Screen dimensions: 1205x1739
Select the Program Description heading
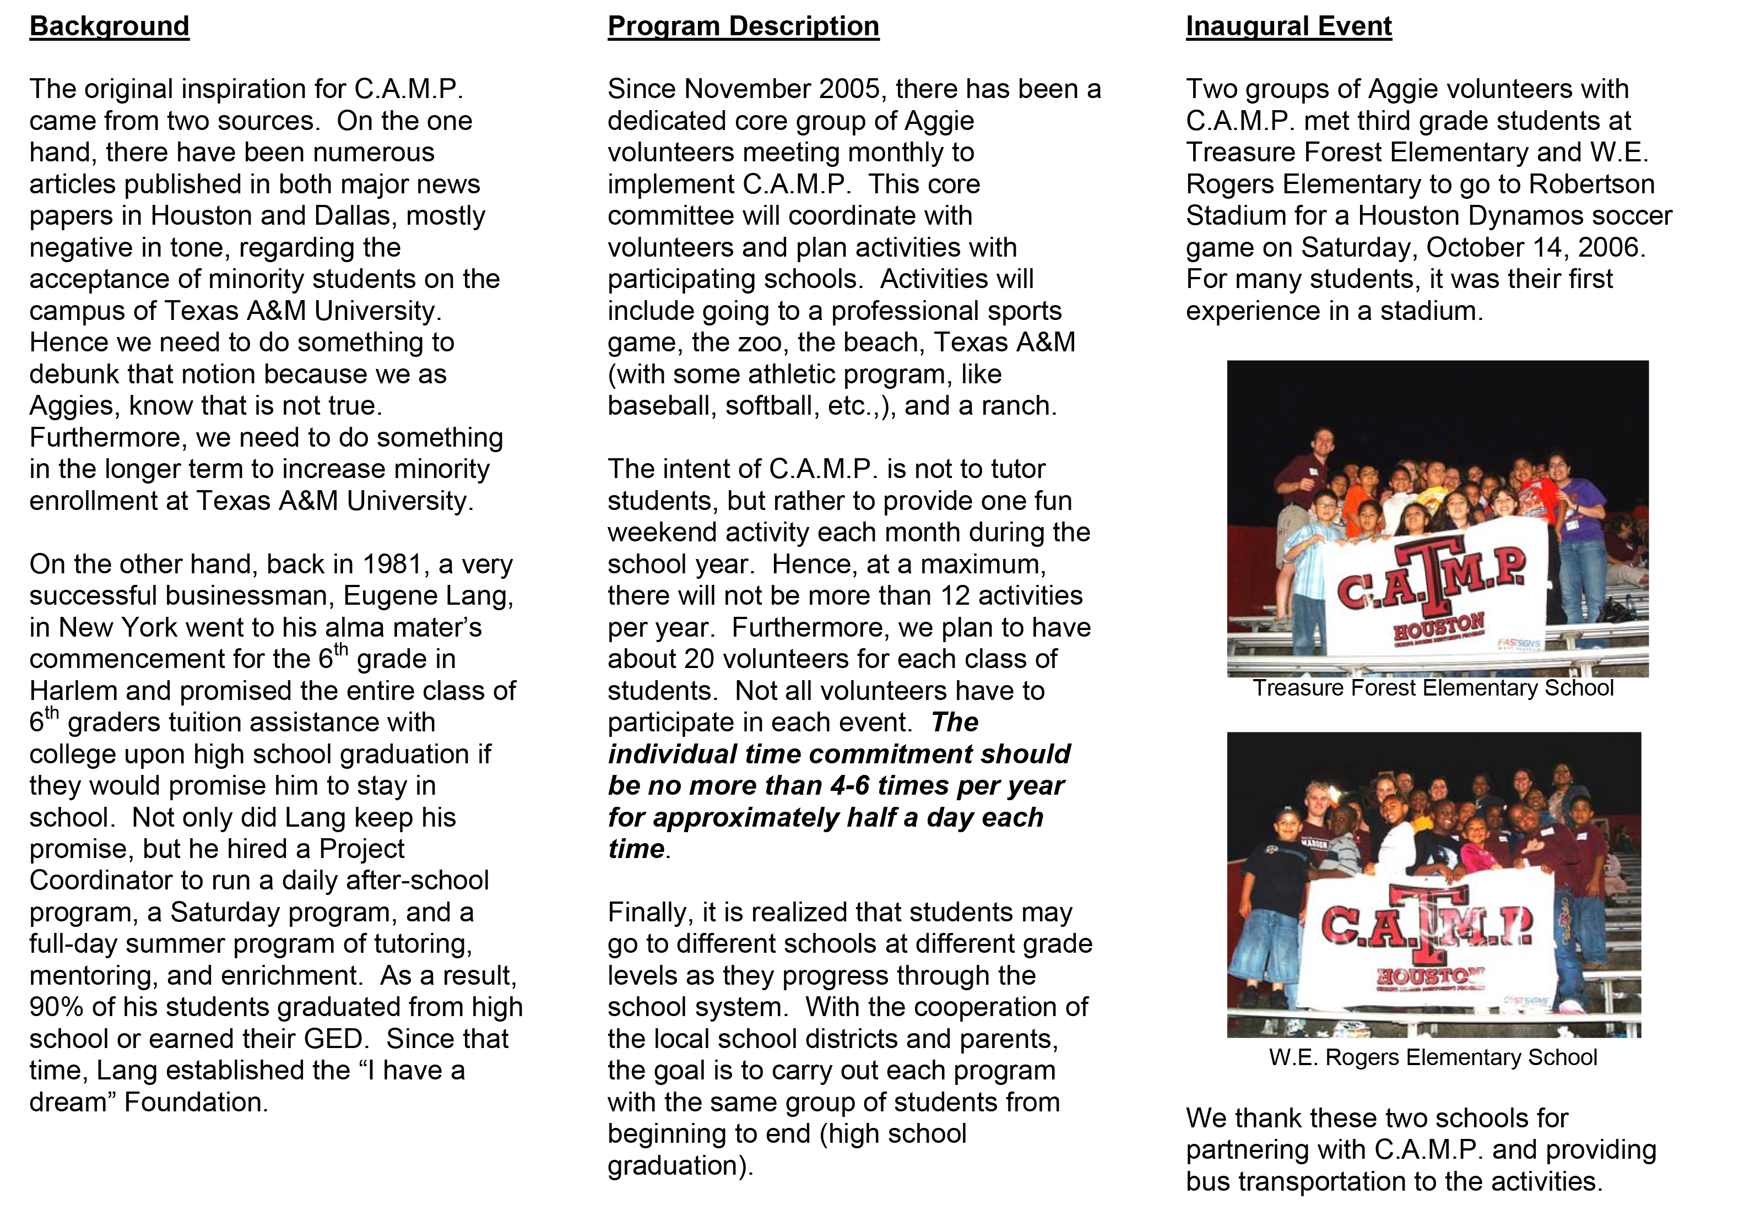(743, 26)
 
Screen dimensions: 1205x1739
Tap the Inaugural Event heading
(1288, 26)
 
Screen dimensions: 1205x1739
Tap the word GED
(334, 1039)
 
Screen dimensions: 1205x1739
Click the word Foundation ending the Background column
(196, 1103)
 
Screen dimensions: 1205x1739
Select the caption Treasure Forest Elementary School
(1432, 688)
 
